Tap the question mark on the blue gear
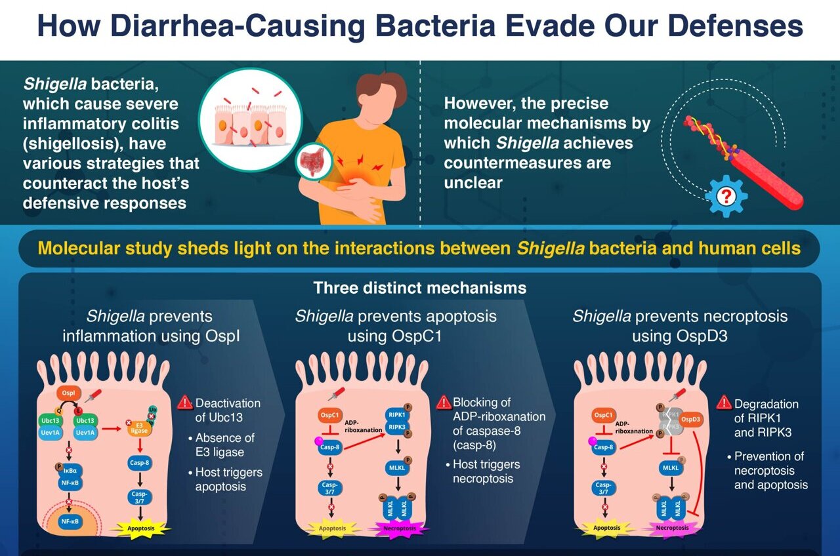pyautogui.click(x=726, y=195)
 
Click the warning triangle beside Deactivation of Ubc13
pyautogui.click(x=185, y=403)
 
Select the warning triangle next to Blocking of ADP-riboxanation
pyautogui.click(x=444, y=403)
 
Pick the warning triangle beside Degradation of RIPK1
pyautogui.click(x=724, y=402)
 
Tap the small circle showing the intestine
pyautogui.click(x=312, y=161)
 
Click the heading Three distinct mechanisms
pyautogui.click(x=419, y=288)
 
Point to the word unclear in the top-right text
pyautogui.click(x=472, y=182)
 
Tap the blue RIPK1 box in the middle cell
pyautogui.click(x=398, y=416)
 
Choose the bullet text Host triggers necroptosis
pyautogui.click(x=486, y=471)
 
